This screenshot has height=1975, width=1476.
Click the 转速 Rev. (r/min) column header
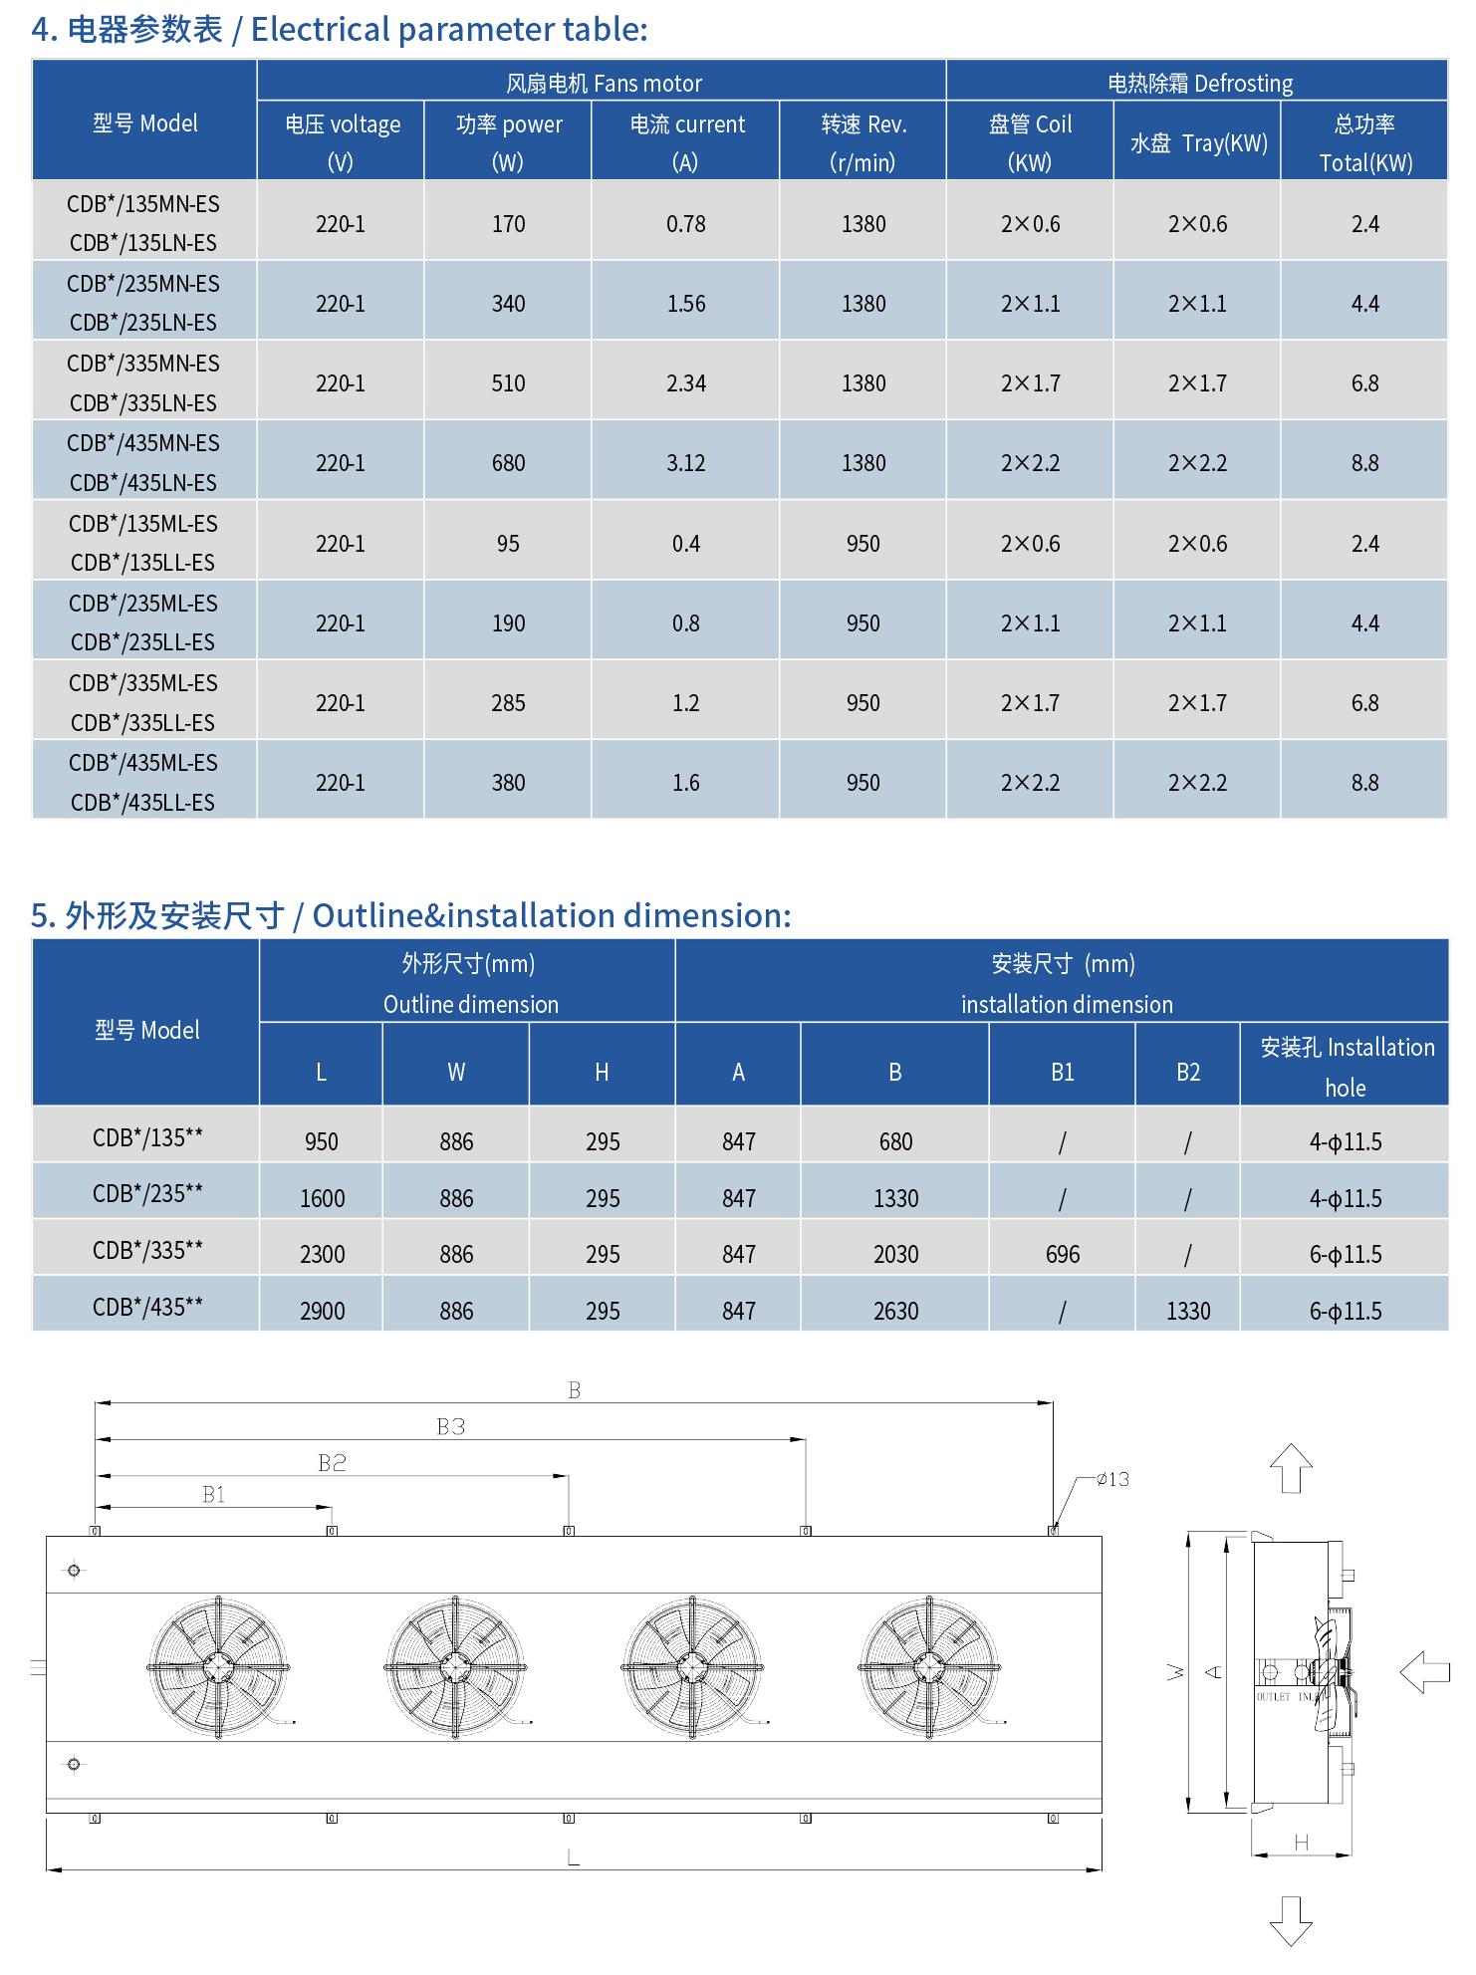tap(862, 141)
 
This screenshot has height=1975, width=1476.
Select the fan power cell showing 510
tap(508, 383)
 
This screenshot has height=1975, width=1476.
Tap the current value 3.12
tap(686, 463)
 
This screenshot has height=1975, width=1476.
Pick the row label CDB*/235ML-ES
tap(143, 604)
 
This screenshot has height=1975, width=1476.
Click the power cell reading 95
tap(508, 544)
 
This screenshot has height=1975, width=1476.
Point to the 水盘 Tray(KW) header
tap(1197, 143)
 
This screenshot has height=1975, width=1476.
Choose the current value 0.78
tap(686, 224)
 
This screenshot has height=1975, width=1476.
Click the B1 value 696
tap(1063, 1255)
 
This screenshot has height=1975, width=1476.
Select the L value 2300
tap(322, 1255)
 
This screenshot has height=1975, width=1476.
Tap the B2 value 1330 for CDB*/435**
tap(1188, 1312)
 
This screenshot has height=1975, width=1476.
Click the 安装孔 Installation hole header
tap(1346, 1067)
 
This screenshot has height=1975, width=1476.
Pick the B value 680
tap(895, 1142)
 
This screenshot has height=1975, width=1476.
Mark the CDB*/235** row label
tap(147, 1194)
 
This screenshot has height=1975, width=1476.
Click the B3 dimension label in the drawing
tap(451, 1427)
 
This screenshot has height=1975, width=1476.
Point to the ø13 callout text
tap(1112, 1480)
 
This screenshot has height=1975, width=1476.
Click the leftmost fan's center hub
tap(218, 1667)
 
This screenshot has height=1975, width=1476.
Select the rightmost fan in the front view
tap(929, 1667)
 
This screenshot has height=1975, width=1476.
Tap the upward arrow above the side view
tap(1291, 1468)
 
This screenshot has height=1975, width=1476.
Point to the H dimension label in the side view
tap(1301, 1844)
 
